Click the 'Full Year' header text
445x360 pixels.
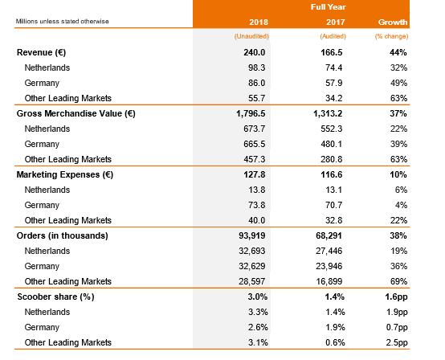point(328,6)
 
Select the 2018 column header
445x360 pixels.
point(259,22)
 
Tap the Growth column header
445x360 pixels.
point(393,22)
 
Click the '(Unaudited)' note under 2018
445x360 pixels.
point(251,36)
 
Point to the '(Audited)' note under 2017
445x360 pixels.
point(333,36)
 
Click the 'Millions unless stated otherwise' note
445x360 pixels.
point(63,22)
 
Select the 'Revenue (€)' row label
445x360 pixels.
point(42,52)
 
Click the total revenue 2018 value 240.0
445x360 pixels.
point(255,52)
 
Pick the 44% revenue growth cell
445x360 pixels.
point(398,52)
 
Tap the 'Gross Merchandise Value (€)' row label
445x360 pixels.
point(76,113)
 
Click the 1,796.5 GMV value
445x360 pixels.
point(251,113)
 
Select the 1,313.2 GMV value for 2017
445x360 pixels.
point(328,113)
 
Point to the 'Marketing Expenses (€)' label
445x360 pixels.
point(65,174)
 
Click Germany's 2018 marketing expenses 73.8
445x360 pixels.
point(257,205)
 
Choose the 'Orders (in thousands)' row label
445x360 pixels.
point(63,235)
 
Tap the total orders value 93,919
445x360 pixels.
point(252,235)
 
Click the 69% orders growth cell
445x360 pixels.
point(398,281)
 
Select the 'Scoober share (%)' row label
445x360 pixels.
point(56,297)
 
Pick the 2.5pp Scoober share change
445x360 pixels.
point(397,342)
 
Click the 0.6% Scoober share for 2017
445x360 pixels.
point(335,342)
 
